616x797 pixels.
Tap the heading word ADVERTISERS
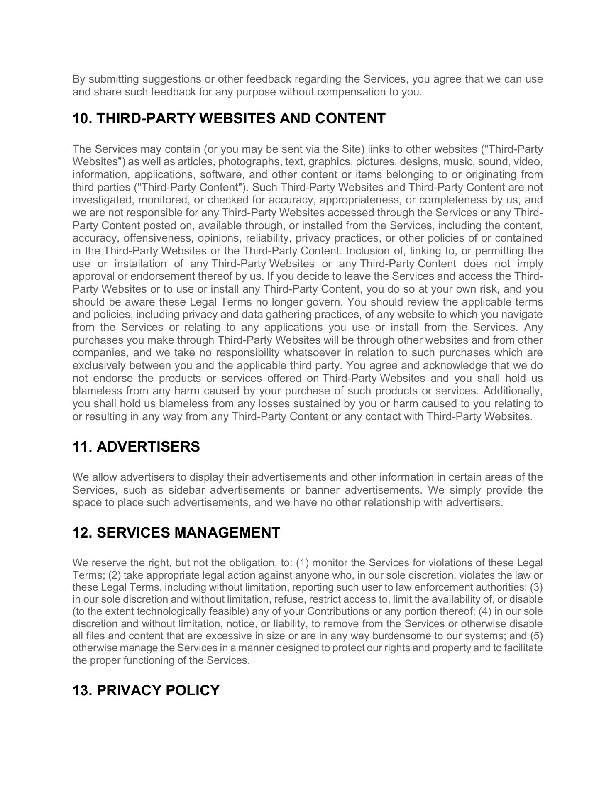pyautogui.click(x=148, y=447)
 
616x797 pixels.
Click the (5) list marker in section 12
pyautogui.click(x=536, y=636)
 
